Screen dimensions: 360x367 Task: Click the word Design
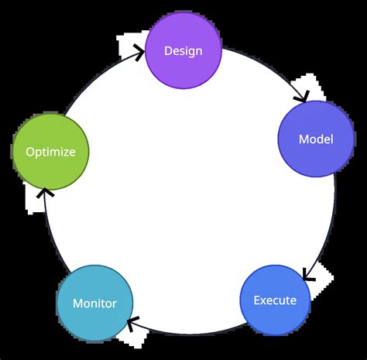[x=183, y=51]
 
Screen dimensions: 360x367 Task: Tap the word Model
[x=316, y=139]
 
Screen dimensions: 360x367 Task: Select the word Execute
[x=275, y=300]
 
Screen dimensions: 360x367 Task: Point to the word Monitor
[x=94, y=303]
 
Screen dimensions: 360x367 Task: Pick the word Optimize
[x=50, y=152]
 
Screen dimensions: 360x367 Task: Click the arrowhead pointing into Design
[x=140, y=53]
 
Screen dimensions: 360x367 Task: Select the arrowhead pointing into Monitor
[x=132, y=323]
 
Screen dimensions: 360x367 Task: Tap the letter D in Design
[x=168, y=51]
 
